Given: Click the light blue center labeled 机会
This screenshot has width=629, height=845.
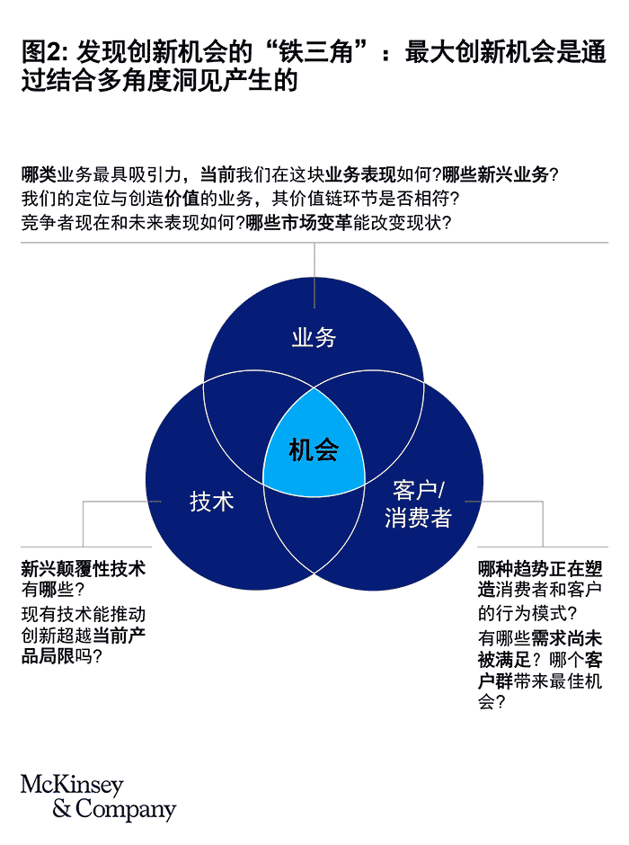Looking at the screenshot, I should (x=314, y=449).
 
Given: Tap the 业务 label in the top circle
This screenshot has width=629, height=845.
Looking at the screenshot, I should (x=314, y=338).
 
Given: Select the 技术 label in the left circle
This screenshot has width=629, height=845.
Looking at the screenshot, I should (x=212, y=501).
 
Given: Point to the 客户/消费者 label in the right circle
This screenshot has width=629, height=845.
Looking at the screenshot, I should (x=418, y=504).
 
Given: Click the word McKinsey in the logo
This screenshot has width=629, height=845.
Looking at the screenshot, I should (x=72, y=785).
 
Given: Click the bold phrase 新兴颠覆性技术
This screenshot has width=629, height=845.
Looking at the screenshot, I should (x=83, y=569).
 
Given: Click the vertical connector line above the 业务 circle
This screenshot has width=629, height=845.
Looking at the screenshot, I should (x=314, y=262).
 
